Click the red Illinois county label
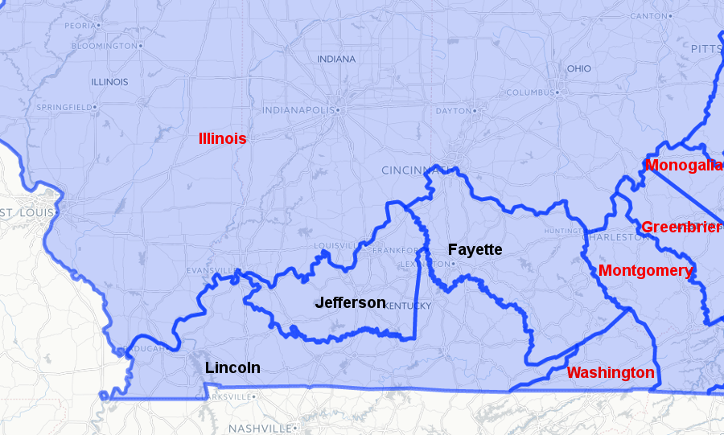222,138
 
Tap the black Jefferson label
350,303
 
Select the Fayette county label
475,250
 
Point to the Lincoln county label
232,367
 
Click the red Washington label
611,373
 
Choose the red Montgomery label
645,271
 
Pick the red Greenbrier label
681,228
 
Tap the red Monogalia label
685,166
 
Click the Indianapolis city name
298,110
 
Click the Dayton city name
452,111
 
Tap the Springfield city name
64,107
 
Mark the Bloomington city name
104,46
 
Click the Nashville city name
258,428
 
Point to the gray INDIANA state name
335,60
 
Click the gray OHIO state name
578,68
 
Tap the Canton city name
648,16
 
